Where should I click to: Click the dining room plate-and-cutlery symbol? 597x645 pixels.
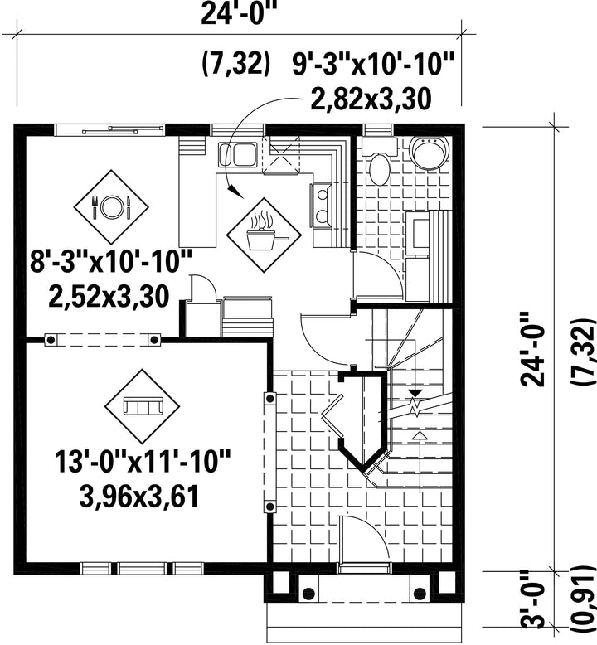tap(111, 206)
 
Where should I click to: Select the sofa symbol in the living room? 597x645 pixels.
tap(143, 406)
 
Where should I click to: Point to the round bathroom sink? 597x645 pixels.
tap(429, 153)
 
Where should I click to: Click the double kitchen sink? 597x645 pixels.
tap(238, 154)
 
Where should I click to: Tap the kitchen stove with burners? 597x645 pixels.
tap(322, 206)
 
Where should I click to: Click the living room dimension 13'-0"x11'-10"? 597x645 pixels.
tap(143, 461)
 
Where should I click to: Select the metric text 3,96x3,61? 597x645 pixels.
tap(139, 496)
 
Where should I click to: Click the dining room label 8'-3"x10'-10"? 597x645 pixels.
tap(111, 261)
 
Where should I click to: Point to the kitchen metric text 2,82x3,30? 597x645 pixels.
tap(371, 99)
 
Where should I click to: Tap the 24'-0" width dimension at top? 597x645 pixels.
tap(237, 15)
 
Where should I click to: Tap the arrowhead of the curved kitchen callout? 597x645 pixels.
tap(235, 192)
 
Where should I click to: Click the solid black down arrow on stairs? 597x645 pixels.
tap(415, 392)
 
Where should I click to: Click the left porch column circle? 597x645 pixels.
tap(308, 594)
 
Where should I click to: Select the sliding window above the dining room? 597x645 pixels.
tap(109, 130)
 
